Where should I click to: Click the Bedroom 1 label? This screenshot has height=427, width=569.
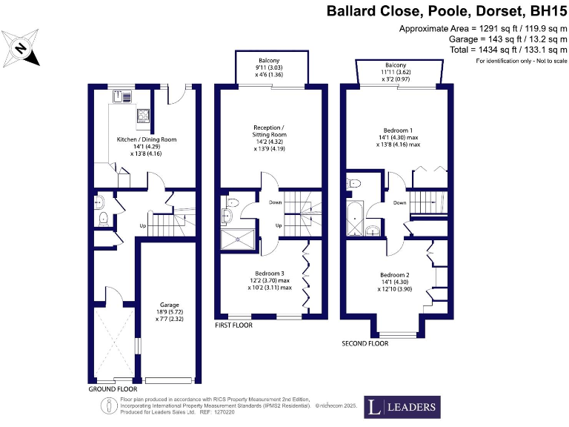393,129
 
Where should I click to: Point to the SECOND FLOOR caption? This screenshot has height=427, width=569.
365,344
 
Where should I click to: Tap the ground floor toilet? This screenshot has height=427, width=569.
104,218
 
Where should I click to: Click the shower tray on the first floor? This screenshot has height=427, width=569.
238,239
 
